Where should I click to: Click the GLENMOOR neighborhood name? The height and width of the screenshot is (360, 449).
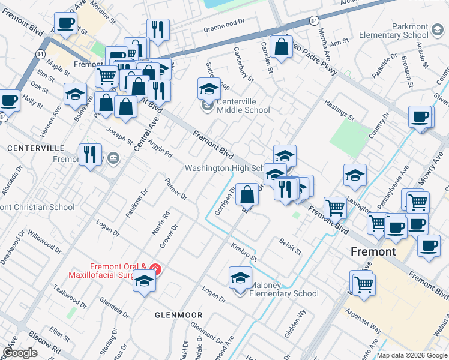178,315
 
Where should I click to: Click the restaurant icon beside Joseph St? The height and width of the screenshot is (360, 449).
90,154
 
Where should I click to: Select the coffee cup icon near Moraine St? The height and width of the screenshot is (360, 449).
65,23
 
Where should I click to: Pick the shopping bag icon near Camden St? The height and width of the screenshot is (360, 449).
281,47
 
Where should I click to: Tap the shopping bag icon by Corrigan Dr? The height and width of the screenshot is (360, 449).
247,194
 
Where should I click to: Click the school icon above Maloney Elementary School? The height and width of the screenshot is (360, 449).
240,278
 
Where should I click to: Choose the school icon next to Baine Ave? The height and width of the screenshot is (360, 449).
75,94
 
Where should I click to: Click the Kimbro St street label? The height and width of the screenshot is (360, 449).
244,252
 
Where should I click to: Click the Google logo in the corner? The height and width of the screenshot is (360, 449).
20,353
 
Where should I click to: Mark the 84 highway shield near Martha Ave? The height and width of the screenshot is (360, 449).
314,20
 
